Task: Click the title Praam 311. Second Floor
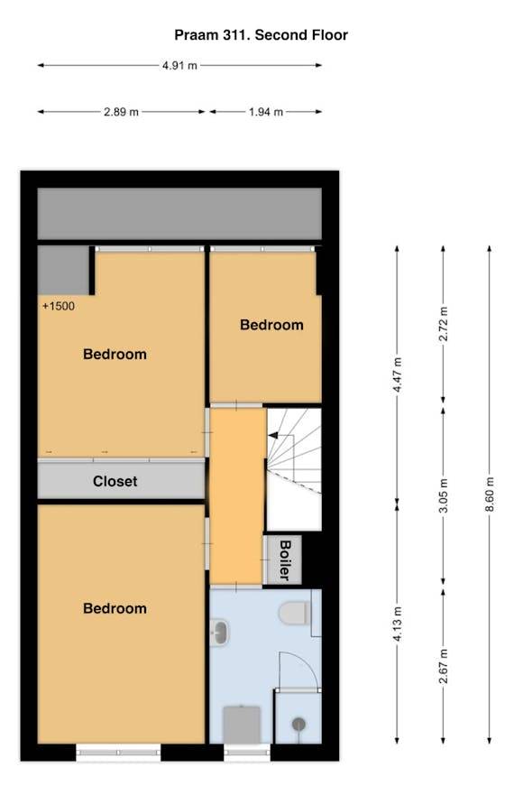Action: click(261, 35)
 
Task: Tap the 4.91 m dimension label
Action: click(180, 65)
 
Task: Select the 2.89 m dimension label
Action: click(121, 112)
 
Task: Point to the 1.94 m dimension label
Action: click(265, 112)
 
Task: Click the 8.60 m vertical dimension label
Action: click(490, 494)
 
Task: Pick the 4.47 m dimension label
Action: click(398, 374)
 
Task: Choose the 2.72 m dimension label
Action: click(444, 323)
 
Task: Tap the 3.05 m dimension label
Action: click(444, 495)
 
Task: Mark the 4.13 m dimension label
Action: click(398, 624)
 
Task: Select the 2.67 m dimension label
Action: click(444, 666)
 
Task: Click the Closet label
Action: click(115, 481)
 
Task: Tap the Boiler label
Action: click(285, 559)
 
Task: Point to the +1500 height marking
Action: click(59, 306)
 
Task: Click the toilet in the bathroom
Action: click(295, 613)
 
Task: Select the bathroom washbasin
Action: click(220, 633)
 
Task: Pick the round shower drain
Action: click(298, 725)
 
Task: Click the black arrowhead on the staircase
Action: click(273, 435)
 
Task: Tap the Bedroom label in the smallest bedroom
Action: click(271, 325)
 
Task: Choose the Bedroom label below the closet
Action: click(115, 608)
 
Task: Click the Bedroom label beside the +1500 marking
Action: click(115, 354)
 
